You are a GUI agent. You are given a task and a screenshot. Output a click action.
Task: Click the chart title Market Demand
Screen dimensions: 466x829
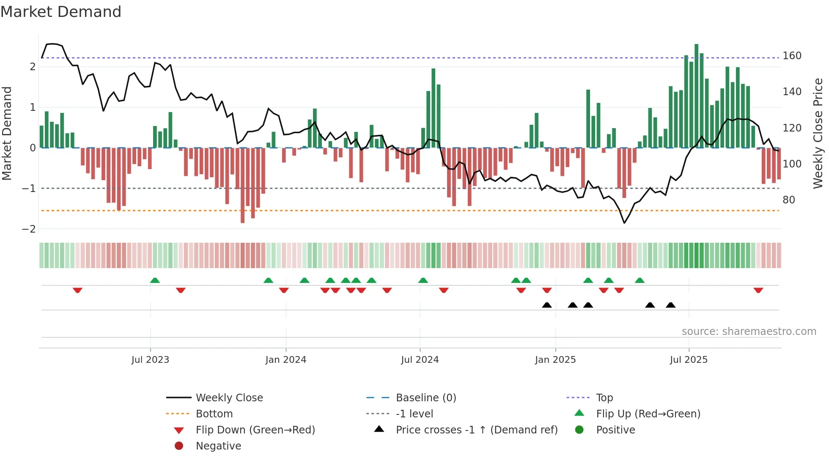coord(61,12)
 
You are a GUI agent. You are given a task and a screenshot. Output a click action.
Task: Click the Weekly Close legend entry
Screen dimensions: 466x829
coord(229,398)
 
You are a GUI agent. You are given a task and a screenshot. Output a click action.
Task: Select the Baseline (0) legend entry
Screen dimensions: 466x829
coord(425,398)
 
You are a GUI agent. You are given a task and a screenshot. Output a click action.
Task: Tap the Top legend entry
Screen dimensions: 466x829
coord(604,398)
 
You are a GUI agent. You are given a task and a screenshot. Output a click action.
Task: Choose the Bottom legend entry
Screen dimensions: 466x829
coord(214,414)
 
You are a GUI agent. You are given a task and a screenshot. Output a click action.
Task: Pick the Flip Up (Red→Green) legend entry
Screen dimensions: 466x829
coord(648,414)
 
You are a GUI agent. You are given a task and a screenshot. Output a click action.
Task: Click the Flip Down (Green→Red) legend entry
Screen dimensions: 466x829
coord(255,430)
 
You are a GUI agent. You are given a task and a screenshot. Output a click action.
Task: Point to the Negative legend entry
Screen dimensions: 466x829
coord(218,446)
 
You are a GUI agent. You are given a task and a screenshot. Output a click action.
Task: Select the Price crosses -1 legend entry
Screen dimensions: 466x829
coord(476,430)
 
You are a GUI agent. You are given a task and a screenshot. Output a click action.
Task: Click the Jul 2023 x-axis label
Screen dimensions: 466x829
coord(150,360)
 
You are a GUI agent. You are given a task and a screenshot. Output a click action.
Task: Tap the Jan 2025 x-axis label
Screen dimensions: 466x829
coord(555,360)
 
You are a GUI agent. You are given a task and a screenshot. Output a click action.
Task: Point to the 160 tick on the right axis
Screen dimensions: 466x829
coord(792,56)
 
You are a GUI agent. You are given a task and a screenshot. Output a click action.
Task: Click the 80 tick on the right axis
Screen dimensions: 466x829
coord(788,200)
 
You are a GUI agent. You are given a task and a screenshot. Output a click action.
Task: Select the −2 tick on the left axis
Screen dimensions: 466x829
coord(29,229)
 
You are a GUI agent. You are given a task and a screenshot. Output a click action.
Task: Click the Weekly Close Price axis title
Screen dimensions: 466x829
coord(818,133)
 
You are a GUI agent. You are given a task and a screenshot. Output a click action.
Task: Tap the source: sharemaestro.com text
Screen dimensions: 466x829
coord(749,332)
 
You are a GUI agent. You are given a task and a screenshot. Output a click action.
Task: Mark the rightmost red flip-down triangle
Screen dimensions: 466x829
coord(758,291)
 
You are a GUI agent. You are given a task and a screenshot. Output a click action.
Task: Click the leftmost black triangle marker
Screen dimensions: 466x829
coord(547,305)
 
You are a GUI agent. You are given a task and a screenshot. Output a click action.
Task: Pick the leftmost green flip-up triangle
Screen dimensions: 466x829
coord(155,280)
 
